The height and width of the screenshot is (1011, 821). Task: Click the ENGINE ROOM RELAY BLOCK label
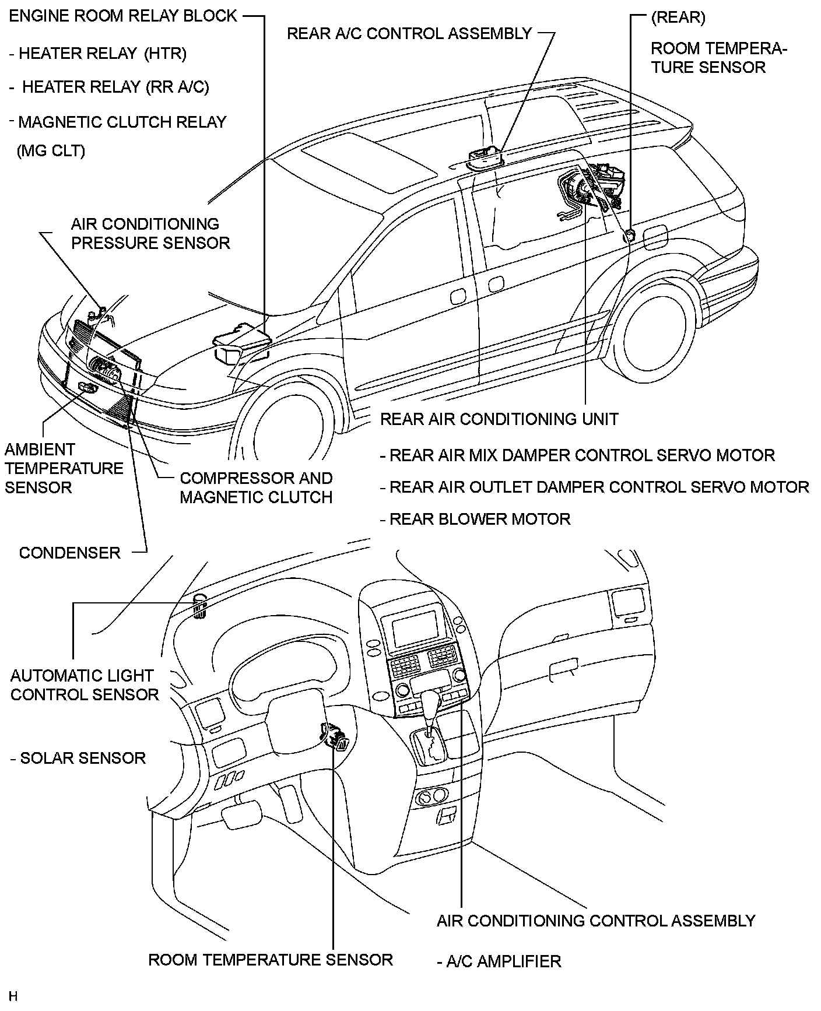coord(123,16)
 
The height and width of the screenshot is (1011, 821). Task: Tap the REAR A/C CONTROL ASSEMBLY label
coord(409,33)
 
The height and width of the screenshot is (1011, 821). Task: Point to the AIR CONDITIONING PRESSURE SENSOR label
coord(150,233)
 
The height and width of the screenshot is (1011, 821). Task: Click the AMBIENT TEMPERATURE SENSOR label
coord(64,468)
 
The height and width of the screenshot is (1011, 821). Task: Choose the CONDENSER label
coord(69,553)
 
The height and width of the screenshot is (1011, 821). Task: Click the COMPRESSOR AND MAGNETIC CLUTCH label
coord(256,487)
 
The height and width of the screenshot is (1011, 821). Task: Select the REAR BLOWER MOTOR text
coord(479,519)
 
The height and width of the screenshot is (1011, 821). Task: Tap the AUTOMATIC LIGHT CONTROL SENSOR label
coord(84,685)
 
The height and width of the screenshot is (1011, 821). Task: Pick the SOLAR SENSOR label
coord(82,758)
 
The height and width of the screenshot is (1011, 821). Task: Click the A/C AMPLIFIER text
coord(503,961)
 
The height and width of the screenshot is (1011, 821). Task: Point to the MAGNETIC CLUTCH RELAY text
coord(122,122)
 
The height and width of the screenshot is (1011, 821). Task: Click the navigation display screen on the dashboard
coord(415,627)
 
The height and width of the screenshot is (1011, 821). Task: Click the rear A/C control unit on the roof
coord(485,156)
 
